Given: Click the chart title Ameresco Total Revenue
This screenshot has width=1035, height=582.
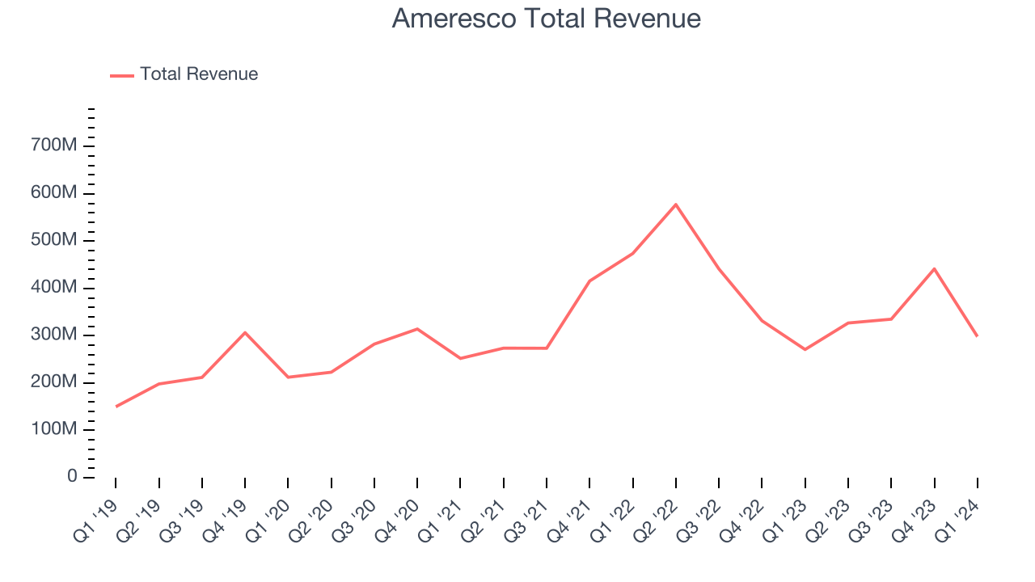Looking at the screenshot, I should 546,19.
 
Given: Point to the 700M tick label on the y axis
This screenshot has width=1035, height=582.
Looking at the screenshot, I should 53,145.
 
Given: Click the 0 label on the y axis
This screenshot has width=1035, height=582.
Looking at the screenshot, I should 72,477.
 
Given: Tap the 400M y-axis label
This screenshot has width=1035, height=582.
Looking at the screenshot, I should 53,288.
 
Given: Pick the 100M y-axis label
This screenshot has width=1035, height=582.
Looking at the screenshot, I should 53,429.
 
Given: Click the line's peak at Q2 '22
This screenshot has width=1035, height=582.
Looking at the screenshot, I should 675,205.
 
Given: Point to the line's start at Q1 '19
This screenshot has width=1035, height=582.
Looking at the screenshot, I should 116,407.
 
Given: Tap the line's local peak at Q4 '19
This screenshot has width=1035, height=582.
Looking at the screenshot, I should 245,332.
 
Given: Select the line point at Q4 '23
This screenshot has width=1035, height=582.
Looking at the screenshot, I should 934,268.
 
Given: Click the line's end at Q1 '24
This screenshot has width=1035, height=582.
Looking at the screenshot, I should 977,335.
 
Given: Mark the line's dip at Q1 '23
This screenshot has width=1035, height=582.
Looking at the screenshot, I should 805,349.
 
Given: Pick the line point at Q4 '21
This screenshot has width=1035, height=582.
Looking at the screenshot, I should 589,280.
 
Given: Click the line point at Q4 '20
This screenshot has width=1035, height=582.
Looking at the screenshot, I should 417,329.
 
